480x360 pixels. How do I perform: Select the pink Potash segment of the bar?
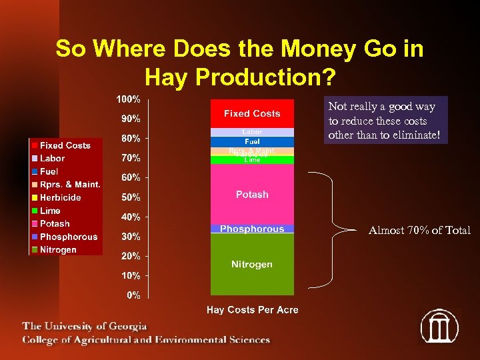252,194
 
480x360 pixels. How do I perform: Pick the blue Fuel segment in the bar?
252,142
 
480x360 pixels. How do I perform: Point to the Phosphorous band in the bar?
252,229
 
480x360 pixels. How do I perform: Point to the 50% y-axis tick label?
130,197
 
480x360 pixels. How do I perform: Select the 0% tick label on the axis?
133,295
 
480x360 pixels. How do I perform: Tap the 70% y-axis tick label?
130,158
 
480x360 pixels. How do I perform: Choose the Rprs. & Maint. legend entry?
69,185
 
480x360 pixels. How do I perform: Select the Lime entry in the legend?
50,211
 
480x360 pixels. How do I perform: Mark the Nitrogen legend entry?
58,250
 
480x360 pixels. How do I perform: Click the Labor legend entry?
52,159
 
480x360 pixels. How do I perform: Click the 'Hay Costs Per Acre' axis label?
252,310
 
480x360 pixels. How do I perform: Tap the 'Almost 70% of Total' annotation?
419,231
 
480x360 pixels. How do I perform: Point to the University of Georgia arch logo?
439,326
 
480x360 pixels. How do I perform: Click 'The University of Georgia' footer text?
85,327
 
